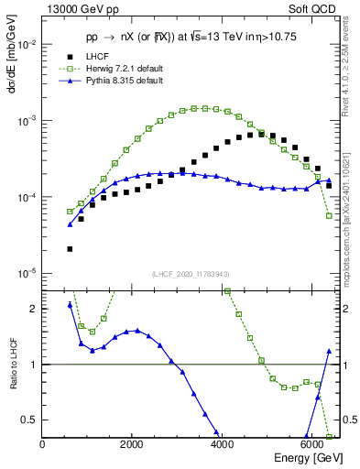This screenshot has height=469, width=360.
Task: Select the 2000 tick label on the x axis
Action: pyautogui.click(x=133, y=445)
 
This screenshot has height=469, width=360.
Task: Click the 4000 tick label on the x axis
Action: pyautogui.click(x=223, y=445)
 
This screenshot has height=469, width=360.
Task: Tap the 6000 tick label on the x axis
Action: pyautogui.click(x=312, y=445)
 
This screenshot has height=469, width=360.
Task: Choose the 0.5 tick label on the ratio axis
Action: pyautogui.click(x=30, y=420)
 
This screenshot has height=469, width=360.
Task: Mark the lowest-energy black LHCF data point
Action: pyautogui.click(x=70, y=248)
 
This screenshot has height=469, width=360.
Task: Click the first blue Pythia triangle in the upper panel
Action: pyautogui.click(x=70, y=224)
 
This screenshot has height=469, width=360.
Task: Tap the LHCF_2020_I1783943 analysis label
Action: pyautogui.click(x=191, y=275)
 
